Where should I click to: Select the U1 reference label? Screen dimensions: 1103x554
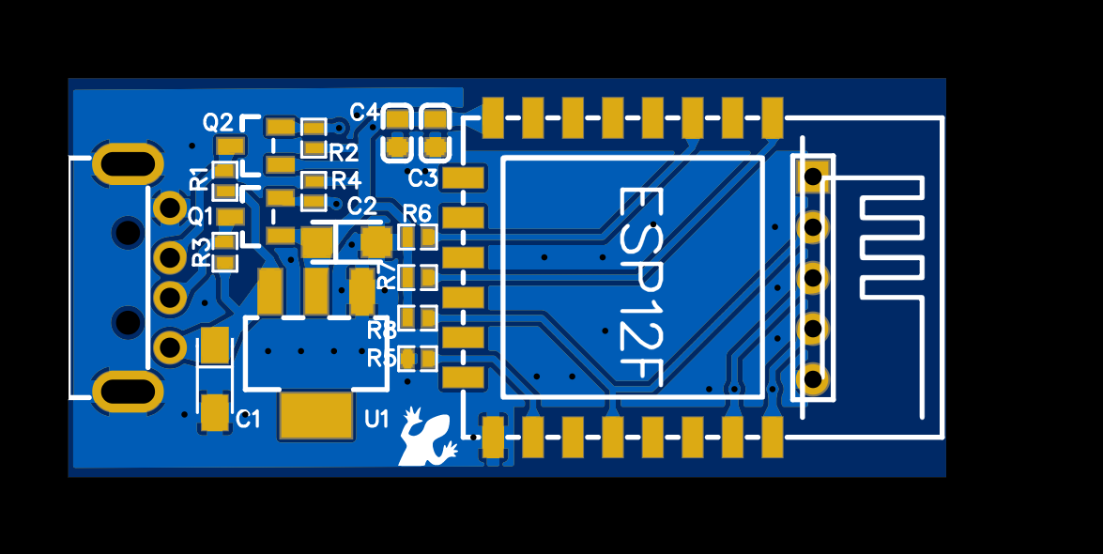[376, 420]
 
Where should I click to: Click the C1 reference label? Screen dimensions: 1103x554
[248, 420]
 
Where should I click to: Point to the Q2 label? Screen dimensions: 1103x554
[218, 122]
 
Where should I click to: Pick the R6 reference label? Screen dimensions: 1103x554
[417, 213]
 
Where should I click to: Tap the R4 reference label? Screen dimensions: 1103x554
[345, 179]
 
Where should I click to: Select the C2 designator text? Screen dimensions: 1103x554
[361, 206]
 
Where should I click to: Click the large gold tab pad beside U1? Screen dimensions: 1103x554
[315, 416]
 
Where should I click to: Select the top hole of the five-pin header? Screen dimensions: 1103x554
[813, 175]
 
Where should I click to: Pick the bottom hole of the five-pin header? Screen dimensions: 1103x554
[813, 379]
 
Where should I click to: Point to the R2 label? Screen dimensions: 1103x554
[344, 152]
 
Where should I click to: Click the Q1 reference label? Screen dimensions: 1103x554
[201, 217]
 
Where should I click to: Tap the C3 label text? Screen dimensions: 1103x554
[423, 178]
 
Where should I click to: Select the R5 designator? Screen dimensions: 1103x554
[381, 358]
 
